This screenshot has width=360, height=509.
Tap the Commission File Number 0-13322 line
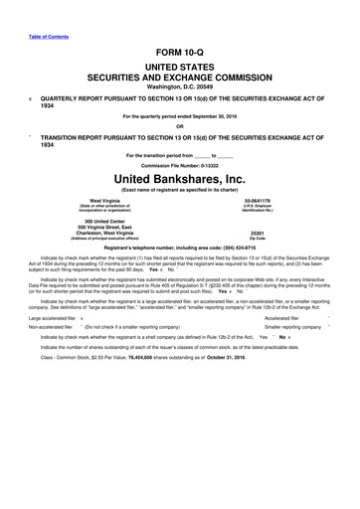181,164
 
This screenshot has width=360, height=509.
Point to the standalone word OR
180,125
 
